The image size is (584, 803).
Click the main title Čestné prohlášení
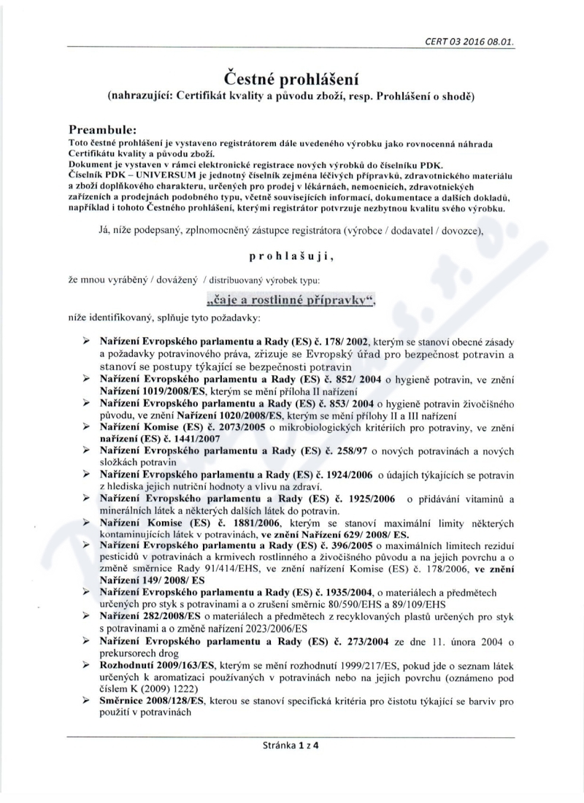(291, 77)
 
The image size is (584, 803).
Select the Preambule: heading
(109, 128)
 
